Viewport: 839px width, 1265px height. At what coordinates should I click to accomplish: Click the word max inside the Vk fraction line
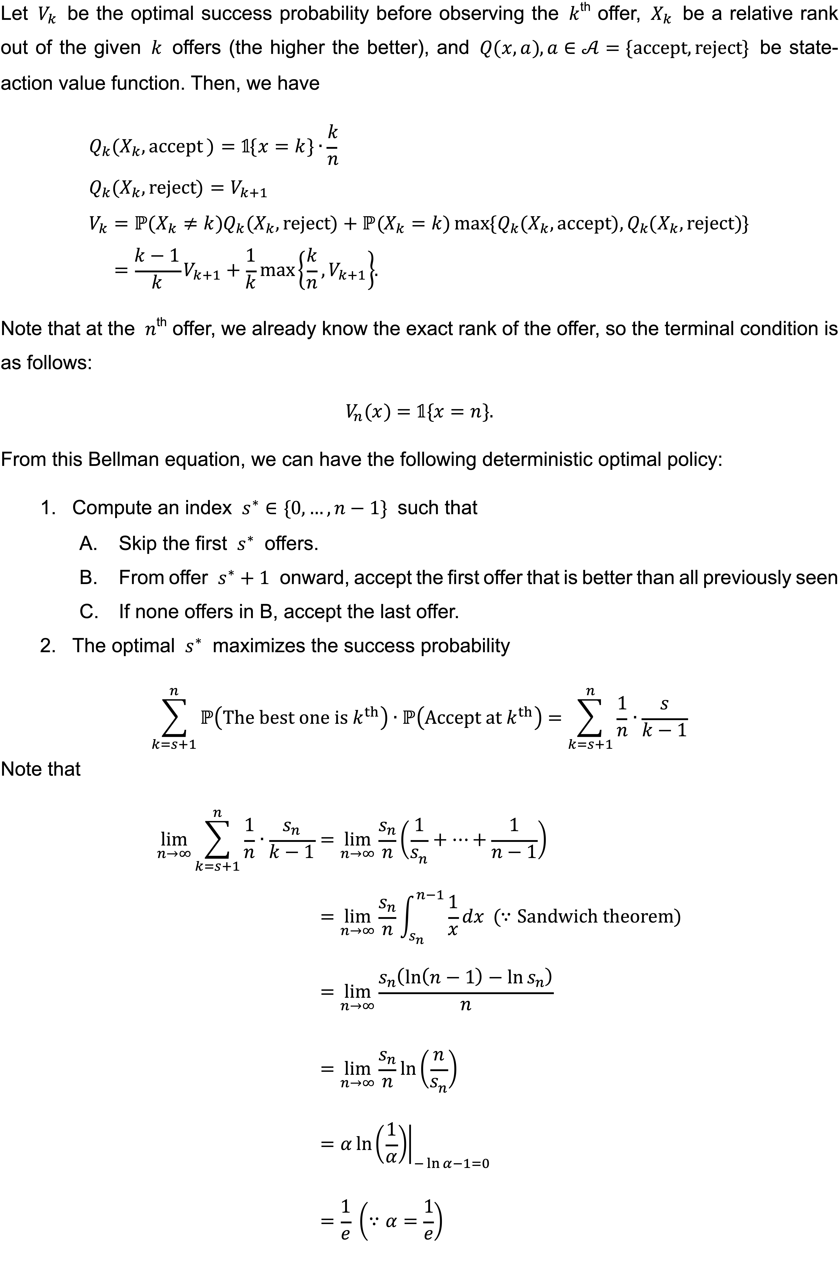277,270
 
